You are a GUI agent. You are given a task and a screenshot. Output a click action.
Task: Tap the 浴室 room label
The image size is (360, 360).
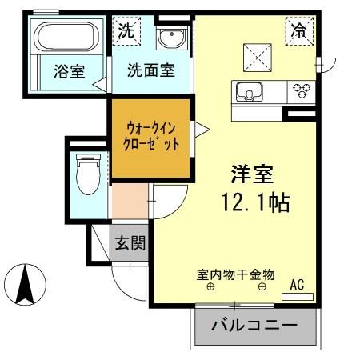70,70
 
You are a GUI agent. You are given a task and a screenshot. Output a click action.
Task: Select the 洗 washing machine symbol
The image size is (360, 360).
126,32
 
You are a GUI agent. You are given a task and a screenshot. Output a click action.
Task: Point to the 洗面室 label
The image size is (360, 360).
151,70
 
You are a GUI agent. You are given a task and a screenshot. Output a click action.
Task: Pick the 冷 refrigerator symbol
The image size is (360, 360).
298,31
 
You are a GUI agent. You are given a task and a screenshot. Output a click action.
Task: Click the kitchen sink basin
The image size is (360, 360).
250,90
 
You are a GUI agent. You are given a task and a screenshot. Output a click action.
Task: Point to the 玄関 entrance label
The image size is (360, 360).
129,242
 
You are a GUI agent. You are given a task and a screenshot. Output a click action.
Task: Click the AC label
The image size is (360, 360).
297,284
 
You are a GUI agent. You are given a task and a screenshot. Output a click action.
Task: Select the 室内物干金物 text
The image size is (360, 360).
235,274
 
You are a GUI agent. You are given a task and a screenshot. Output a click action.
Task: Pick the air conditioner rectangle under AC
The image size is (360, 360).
297,296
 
